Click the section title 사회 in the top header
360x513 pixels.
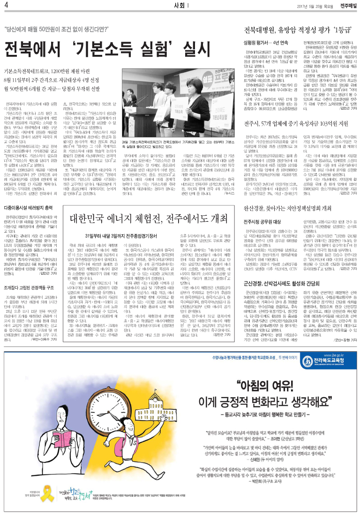(178, 5)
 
